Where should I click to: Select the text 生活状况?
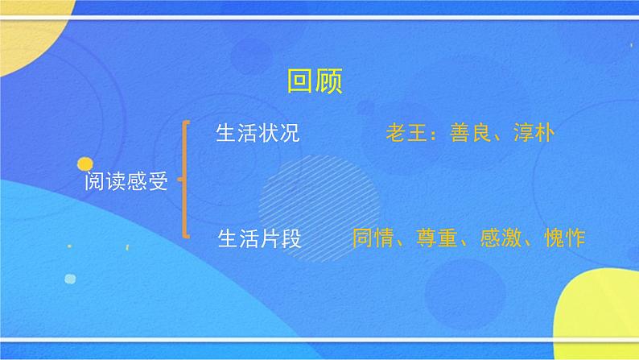[258, 134]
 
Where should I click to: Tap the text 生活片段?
[258, 238]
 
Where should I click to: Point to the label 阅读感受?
[126, 182]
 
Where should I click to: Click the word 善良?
[469, 134]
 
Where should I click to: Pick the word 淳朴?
[533, 134]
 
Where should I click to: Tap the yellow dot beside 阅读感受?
[85, 164]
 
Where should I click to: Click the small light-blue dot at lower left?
[69, 279]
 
